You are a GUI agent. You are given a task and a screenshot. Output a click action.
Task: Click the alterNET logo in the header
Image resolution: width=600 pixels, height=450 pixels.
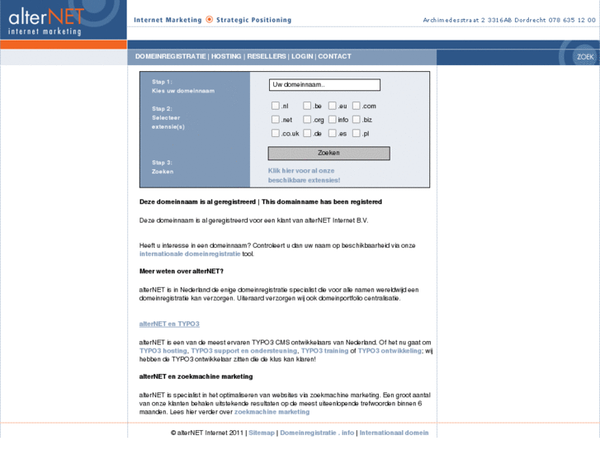[x=47, y=20]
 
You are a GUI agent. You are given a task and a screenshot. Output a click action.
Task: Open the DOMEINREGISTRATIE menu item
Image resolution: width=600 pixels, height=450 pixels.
[x=171, y=57]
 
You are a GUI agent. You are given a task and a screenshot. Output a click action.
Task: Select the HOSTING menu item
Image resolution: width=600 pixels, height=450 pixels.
[x=226, y=57]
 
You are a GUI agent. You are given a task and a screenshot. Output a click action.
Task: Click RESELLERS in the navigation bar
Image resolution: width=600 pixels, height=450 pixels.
[x=267, y=57]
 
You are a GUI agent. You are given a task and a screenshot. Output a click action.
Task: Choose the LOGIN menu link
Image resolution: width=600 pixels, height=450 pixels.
[x=302, y=57]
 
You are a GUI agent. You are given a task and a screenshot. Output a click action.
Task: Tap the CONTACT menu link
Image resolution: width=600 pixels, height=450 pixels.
[x=334, y=57]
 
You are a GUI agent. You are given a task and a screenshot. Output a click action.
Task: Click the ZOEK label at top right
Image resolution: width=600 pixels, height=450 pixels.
[x=585, y=57]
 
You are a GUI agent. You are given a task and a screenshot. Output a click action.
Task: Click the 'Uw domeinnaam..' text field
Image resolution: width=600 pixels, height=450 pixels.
[x=324, y=85]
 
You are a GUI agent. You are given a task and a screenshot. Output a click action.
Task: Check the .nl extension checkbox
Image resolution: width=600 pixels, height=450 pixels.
[x=276, y=106]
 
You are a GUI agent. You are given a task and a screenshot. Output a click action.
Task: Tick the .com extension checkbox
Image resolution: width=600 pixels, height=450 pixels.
[x=357, y=106]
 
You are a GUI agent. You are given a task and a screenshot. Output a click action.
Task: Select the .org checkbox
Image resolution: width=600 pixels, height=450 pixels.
[x=307, y=120]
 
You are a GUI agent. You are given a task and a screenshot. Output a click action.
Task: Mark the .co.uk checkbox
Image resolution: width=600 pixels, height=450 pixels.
[x=276, y=134]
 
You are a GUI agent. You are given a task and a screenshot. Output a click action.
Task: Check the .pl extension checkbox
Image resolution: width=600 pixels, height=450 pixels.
[x=357, y=134]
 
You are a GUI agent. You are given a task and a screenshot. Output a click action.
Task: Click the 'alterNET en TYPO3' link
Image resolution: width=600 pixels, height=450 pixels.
[x=169, y=324]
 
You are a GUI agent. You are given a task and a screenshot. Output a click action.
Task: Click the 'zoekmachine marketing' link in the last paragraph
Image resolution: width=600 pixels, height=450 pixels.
[x=272, y=411]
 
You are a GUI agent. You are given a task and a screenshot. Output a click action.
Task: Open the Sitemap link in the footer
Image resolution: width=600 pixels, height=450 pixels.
[x=262, y=433]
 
